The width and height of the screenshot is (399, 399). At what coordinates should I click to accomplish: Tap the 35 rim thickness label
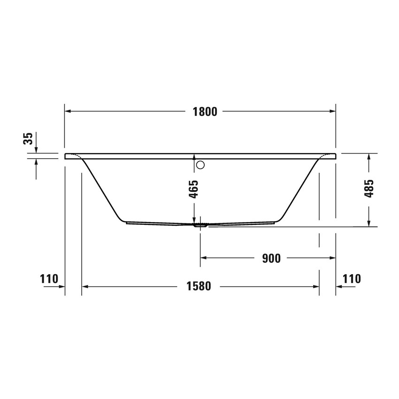[x=28, y=138]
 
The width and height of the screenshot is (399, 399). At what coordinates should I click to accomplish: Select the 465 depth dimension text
[x=194, y=189]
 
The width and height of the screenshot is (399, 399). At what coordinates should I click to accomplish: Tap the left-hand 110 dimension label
[x=49, y=279]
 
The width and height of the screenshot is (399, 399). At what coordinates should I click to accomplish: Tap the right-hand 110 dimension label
[x=352, y=279]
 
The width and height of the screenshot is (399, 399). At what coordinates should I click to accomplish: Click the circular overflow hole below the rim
[x=201, y=165]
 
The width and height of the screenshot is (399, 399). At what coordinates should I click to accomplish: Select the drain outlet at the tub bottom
[x=201, y=225]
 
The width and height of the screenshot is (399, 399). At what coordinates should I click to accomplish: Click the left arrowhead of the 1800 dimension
[x=68, y=111]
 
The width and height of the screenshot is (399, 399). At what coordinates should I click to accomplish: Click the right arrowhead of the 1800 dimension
[x=333, y=111]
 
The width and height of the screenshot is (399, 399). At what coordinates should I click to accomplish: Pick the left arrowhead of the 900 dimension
[x=204, y=258]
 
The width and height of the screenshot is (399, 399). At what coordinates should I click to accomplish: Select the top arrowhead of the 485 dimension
[x=369, y=157]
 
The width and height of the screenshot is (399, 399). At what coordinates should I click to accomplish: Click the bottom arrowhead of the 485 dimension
[x=369, y=223]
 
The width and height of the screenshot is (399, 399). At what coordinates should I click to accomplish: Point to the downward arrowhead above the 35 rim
[x=36, y=150]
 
